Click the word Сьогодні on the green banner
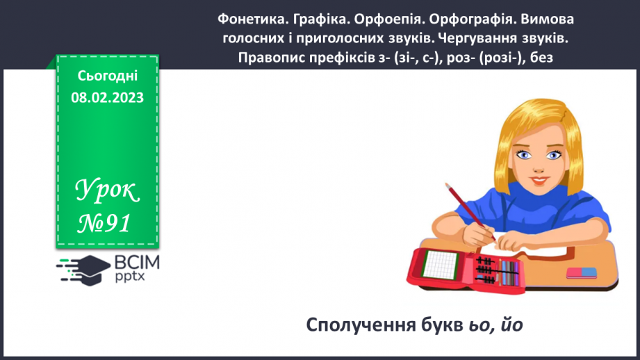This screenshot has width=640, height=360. (x=107, y=77)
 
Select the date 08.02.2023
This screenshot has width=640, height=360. (x=107, y=97)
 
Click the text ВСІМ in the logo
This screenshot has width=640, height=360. (x=136, y=261)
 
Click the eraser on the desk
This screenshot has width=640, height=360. (x=582, y=272)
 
